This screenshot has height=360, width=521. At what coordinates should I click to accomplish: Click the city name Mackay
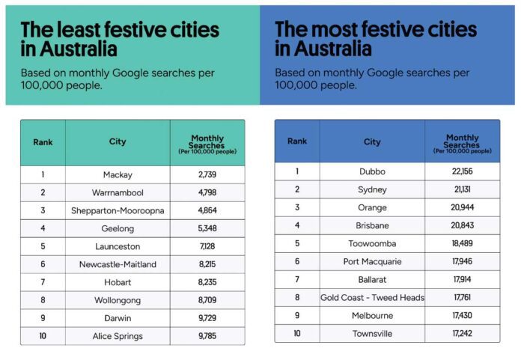click(x=117, y=174)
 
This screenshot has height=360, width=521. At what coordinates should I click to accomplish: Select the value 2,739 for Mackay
click(x=207, y=174)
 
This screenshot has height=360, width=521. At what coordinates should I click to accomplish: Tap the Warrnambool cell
click(x=117, y=192)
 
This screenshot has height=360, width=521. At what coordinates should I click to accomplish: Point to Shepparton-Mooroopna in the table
click(x=117, y=210)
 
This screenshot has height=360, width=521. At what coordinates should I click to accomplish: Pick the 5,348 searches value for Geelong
click(x=207, y=228)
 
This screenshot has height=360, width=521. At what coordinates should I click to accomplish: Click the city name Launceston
click(x=117, y=246)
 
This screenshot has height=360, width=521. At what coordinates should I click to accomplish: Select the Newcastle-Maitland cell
click(x=117, y=264)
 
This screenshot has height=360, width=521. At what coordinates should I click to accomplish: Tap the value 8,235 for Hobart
click(x=207, y=282)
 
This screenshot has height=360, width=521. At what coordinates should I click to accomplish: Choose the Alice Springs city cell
click(x=117, y=336)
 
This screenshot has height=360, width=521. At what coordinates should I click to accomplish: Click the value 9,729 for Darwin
click(x=207, y=318)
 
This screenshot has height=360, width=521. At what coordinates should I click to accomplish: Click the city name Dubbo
click(x=372, y=171)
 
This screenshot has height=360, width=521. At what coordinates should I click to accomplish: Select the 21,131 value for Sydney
click(x=462, y=189)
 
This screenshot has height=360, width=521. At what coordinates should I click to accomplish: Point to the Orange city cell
click(x=372, y=207)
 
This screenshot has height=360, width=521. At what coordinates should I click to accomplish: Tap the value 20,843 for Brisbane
click(x=462, y=225)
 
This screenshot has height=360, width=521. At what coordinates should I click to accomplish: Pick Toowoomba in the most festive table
click(x=372, y=243)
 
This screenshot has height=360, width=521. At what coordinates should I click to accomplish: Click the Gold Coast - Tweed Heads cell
click(x=372, y=297)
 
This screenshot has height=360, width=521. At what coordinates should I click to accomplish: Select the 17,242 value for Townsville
click(x=462, y=333)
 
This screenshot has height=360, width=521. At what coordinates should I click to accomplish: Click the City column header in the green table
click(x=117, y=142)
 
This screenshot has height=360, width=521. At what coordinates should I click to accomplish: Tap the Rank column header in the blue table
click(x=297, y=141)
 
